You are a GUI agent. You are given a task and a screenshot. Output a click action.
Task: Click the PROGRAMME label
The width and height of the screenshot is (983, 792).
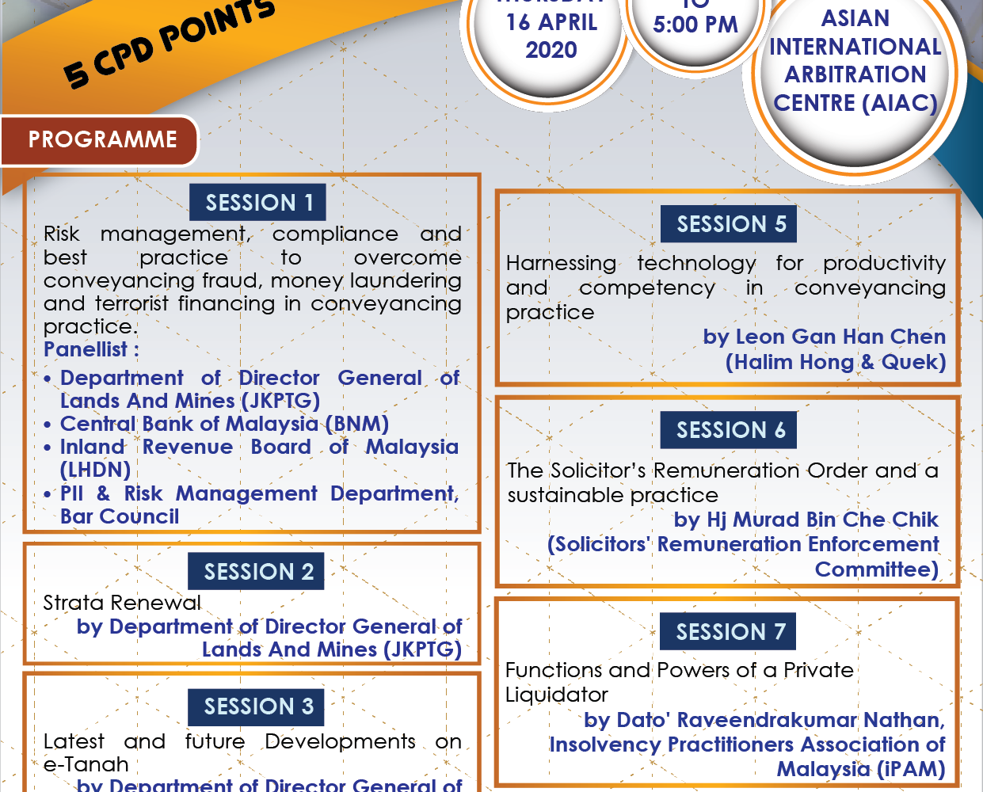[x=102, y=139]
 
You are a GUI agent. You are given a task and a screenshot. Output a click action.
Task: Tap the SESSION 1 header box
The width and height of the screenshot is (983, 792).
[x=257, y=202]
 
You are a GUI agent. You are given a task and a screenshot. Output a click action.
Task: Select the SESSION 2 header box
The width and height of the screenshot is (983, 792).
[x=256, y=571]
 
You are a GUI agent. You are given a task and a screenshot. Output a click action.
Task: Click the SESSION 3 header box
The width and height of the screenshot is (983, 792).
[x=256, y=707]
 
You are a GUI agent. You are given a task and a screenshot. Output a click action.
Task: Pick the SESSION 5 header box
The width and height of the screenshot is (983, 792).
[x=729, y=224]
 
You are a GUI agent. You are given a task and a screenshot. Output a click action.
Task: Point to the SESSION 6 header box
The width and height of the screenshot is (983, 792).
[x=729, y=430]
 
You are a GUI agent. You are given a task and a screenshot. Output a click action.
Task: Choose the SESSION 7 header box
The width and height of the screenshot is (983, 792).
[x=728, y=631]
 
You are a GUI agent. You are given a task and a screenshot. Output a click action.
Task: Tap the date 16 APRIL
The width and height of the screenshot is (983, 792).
[x=551, y=22]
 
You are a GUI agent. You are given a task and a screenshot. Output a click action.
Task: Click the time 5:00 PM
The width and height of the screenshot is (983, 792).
[x=695, y=25]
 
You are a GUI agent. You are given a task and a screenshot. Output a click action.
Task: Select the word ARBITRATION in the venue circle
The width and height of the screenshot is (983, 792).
[x=855, y=74]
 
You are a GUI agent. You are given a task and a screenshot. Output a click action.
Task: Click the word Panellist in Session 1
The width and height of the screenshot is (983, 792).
[x=86, y=349]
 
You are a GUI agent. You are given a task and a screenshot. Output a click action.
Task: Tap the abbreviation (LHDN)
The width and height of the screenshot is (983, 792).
[x=96, y=470]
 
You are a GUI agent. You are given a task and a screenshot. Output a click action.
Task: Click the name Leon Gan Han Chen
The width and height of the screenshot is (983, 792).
[x=841, y=337]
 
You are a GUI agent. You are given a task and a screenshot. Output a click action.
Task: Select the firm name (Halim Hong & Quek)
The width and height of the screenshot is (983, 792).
[x=836, y=362]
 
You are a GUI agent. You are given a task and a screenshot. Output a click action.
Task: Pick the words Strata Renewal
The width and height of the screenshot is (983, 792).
[x=122, y=603]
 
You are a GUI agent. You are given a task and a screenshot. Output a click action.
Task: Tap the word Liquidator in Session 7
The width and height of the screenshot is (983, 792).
[x=556, y=695]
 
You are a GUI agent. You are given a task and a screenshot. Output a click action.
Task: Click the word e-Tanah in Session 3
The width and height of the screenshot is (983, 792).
[x=86, y=764]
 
